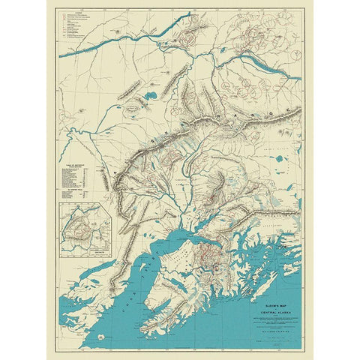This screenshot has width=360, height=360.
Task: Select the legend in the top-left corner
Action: (79, 25)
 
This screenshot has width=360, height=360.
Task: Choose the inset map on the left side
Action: (86, 228)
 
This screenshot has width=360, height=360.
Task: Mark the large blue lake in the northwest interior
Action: (148, 95)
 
